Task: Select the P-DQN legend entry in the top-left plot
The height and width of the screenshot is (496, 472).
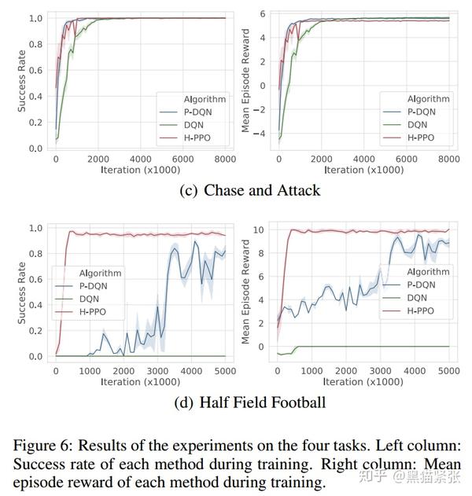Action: (193, 112)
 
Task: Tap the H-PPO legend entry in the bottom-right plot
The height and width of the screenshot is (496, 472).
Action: (422, 310)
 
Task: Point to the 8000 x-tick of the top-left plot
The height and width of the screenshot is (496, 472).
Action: (226, 159)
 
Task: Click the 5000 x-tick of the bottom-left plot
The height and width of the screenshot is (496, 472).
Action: (226, 370)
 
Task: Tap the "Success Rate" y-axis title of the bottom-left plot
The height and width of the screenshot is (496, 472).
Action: (22, 291)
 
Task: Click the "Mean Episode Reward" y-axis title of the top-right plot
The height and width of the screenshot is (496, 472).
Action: (245, 80)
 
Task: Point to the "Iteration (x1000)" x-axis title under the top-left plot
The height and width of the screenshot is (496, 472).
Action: (140, 170)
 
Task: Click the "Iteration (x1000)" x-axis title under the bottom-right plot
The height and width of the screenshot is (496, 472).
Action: (364, 382)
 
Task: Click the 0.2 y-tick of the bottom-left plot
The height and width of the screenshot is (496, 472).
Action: (35, 331)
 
